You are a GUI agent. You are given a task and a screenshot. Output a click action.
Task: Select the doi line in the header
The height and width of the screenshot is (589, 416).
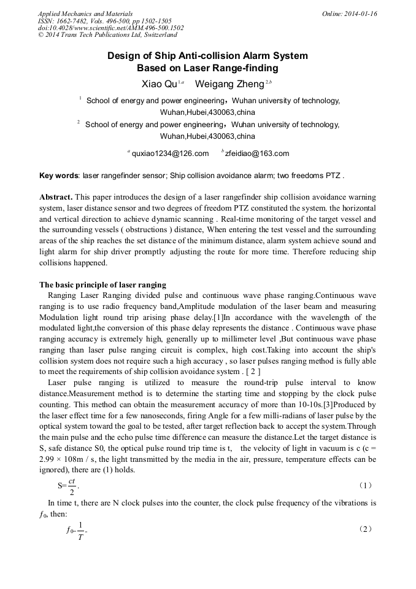coord(110,28)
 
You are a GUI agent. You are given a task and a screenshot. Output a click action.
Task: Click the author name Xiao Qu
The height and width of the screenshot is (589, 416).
coord(156,84)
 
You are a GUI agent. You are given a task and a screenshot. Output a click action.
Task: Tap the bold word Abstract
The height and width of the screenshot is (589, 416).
coord(57,197)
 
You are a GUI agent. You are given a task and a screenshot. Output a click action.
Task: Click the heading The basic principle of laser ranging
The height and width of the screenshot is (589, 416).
coord(102,284)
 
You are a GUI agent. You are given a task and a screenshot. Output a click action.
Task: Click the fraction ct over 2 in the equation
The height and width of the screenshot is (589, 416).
coord(72,485)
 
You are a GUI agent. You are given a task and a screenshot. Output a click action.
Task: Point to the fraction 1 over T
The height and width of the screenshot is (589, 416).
coord(81,529)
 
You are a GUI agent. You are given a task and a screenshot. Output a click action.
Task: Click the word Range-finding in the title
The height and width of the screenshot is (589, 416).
coord(235,68)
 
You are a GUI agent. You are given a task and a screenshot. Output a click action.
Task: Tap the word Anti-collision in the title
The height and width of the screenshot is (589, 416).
coord(182,56)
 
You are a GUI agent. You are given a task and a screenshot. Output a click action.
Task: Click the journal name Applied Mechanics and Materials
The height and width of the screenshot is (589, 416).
coord(85,14)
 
